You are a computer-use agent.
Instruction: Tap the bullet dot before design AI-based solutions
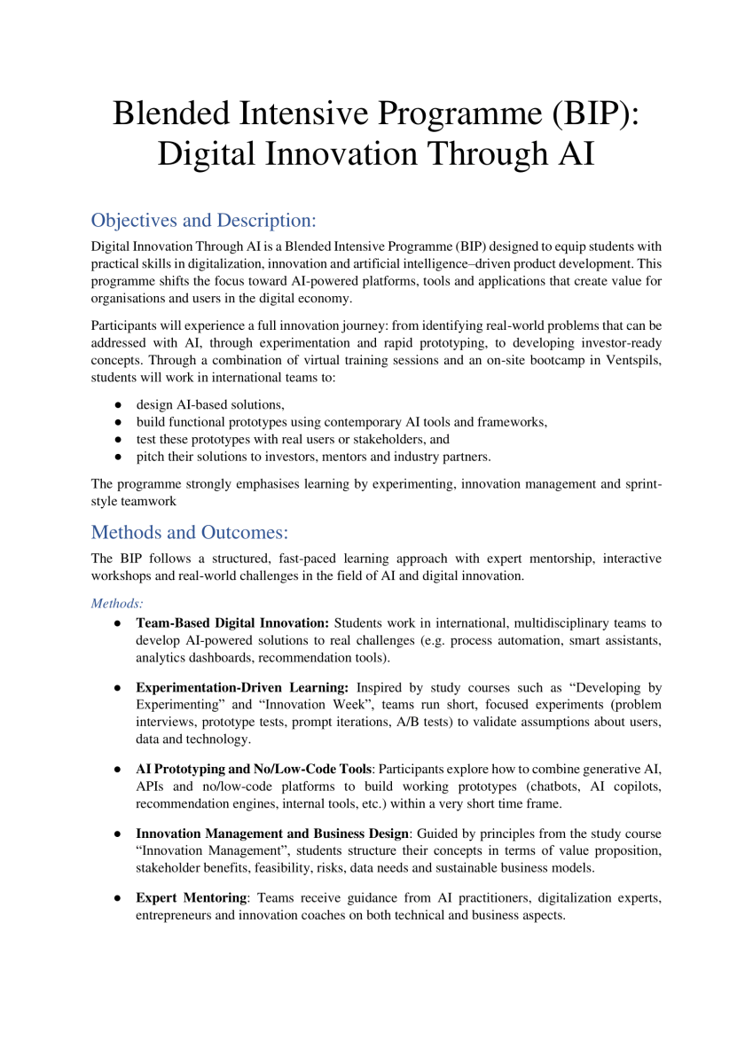tap(118, 405)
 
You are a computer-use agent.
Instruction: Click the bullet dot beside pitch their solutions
tap(118, 457)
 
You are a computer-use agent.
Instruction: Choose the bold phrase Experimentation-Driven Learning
tap(244, 686)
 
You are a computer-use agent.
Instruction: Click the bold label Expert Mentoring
tap(191, 898)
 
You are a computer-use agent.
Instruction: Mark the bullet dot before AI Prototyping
tap(118, 768)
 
